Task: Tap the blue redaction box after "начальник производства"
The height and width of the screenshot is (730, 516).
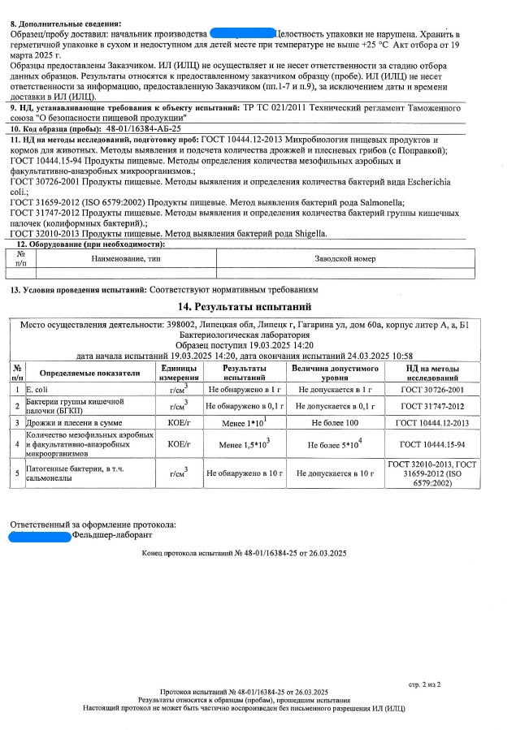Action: click(x=241, y=35)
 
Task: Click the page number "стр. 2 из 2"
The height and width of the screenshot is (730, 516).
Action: click(x=424, y=685)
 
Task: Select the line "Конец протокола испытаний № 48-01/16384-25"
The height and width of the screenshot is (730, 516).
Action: click(x=244, y=554)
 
